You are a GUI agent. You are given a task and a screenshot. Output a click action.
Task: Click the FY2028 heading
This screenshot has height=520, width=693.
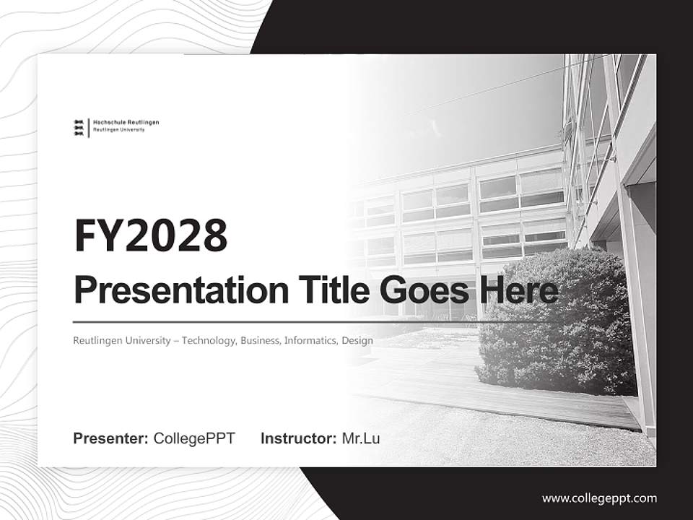150,235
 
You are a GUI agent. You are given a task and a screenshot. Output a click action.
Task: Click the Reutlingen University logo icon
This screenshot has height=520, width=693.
79,127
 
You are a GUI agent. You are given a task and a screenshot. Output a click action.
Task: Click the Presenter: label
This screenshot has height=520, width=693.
111,438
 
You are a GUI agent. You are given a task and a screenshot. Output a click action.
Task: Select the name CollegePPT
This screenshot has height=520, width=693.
194,438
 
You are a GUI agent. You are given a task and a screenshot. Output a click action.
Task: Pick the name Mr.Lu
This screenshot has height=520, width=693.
361,438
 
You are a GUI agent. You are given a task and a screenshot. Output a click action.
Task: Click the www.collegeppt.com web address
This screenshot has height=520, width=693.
599,498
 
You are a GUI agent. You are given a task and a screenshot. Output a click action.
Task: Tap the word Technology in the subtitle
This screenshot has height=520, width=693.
208,340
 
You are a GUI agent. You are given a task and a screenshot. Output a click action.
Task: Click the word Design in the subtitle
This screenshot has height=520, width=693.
357,340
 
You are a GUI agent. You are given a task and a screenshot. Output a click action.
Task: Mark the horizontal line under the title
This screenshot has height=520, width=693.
289,321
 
